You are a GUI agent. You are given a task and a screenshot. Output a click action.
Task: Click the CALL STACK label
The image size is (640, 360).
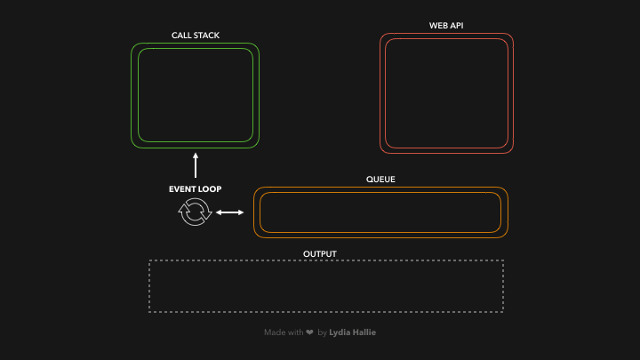[196, 36]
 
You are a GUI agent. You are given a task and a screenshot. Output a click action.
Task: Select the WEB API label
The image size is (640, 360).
[446, 26]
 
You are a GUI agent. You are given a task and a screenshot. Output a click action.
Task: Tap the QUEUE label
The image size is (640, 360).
[380, 180]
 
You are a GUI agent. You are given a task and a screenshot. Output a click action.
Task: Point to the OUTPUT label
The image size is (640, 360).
[320, 254]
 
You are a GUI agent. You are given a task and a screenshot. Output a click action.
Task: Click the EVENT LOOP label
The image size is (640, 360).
[196, 189]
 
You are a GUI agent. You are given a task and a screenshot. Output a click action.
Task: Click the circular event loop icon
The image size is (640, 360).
[195, 212]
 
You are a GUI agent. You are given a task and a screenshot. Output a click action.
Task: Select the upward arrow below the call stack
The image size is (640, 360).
[196, 165]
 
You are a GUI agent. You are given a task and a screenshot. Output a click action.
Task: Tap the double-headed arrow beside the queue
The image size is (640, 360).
[230, 212]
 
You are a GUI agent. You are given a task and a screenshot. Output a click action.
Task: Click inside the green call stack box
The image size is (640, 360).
[196, 95]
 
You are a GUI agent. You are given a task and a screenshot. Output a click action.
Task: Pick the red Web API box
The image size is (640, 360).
[446, 93]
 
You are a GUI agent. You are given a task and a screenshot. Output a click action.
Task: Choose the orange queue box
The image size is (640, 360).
[380, 212]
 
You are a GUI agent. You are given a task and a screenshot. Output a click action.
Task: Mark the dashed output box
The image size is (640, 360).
[326, 286]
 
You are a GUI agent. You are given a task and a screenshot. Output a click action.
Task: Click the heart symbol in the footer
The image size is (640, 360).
[309, 332]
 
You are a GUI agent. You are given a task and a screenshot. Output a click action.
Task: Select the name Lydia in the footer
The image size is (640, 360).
[340, 332]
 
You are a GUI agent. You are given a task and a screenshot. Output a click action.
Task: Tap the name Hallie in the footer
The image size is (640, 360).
[364, 332]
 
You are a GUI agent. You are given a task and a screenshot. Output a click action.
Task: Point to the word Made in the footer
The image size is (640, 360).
[274, 332]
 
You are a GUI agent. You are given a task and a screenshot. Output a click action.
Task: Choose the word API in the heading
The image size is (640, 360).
[456, 26]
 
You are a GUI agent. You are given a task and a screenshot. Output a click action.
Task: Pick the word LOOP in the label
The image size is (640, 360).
[211, 189]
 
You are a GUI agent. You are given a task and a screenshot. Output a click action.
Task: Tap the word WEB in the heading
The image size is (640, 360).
[438, 26]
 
